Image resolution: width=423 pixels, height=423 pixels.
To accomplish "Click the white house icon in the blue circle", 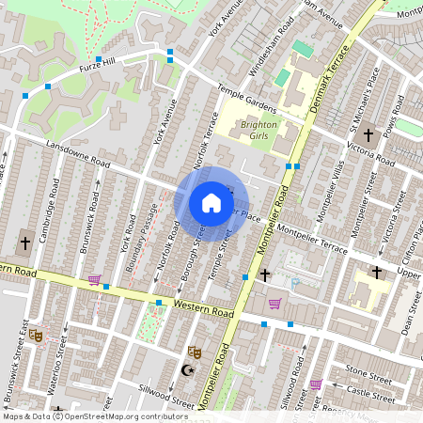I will pos(211,202).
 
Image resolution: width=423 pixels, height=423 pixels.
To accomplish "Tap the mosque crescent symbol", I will pos(185,370).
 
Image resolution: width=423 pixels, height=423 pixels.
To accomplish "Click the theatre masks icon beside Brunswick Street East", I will pos(37,334).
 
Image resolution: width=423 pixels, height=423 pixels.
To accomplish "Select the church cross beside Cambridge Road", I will pos(24,243).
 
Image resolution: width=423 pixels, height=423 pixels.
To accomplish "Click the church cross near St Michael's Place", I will pos(368,135).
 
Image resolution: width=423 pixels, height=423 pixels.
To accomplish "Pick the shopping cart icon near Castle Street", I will pos(316,384).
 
